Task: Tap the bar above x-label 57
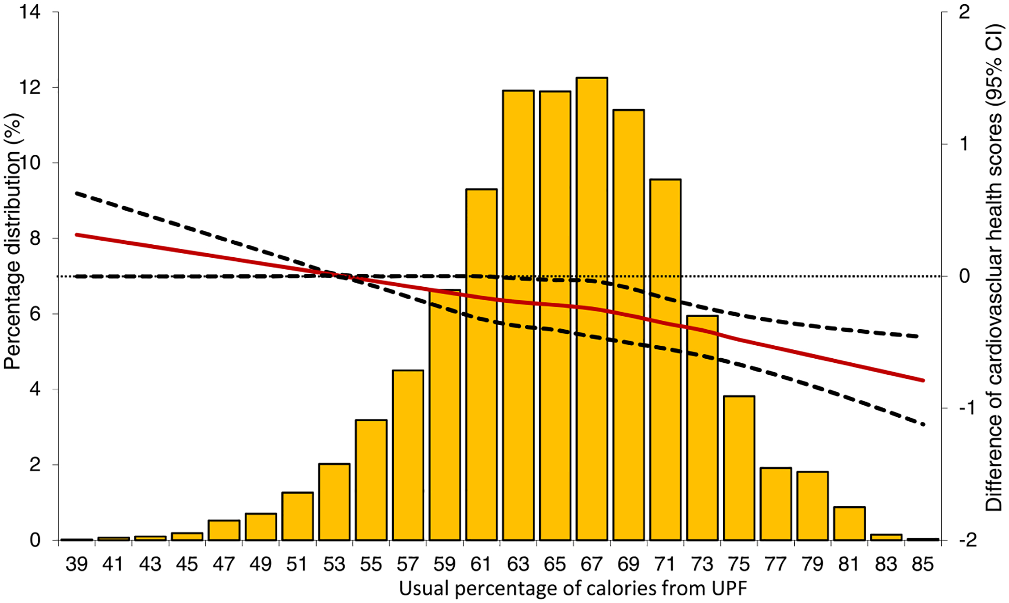[408, 455]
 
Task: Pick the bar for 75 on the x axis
[739, 468]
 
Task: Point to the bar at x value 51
[298, 516]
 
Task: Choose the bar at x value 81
[849, 523]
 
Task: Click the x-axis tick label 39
[77, 564]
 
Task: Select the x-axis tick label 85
[923, 564]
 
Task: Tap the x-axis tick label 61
[481, 564]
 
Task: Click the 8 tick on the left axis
[35, 238]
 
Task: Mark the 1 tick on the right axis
[963, 144]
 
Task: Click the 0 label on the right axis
[964, 276]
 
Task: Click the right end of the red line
[923, 380]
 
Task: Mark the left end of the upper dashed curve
[77, 193]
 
